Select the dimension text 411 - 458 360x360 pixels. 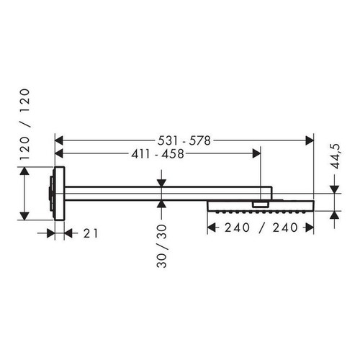(156, 153)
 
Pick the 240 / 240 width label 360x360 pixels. (259, 228)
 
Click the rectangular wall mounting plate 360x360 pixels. (58, 192)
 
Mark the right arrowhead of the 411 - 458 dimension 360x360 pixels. (256, 153)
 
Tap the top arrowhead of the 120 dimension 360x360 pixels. (25, 172)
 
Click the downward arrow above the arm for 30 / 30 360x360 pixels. (162, 181)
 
